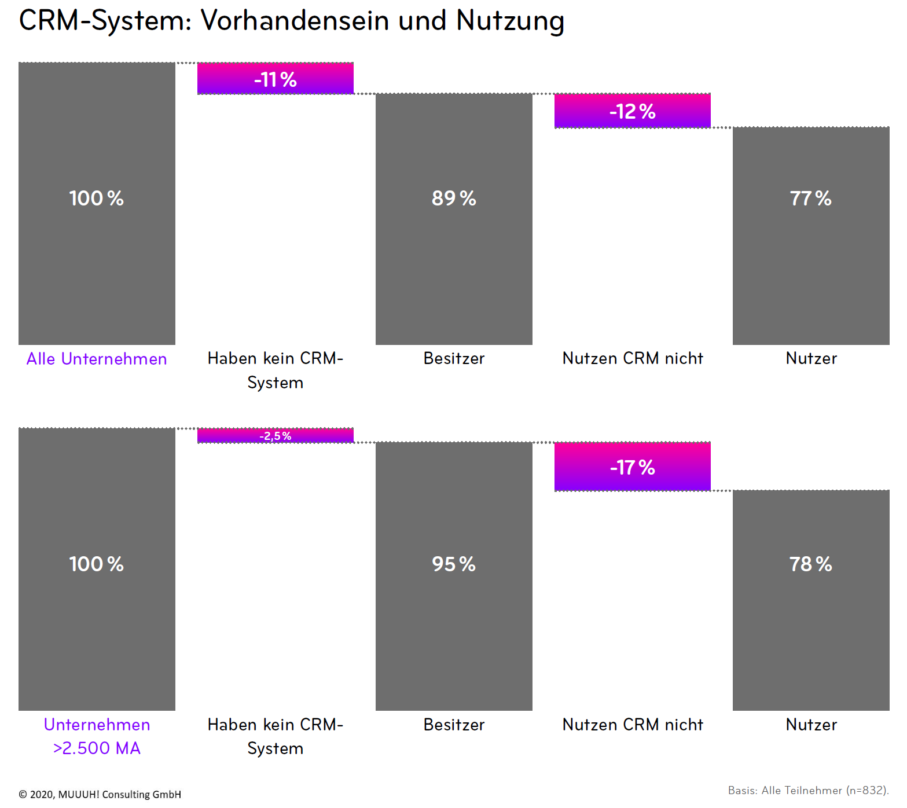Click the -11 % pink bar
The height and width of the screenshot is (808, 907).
pos(276,78)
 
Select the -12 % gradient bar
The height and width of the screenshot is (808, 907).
pos(632,111)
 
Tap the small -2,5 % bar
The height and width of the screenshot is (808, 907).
pos(276,436)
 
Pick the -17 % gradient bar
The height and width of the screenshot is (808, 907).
pos(632,467)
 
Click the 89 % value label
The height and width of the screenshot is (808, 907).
pos(454,199)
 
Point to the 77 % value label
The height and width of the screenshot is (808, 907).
pos(810,199)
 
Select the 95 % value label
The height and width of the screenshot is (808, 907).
pos(454,564)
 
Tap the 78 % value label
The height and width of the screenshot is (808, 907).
pos(810,564)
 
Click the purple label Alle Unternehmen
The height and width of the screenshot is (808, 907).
pos(97,359)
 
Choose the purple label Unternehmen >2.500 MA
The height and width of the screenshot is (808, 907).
pos(97,736)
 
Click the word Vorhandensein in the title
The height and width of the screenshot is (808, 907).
pos(295,21)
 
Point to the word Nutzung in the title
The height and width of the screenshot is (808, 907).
pos(510,21)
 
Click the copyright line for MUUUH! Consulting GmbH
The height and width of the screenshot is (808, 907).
pos(100,794)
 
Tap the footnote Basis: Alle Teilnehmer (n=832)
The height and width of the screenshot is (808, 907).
pos(808,790)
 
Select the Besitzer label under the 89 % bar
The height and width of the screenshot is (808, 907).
pos(454,358)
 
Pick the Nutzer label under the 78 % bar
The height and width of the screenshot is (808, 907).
pos(811,725)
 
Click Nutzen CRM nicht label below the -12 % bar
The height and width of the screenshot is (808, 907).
pos(633,358)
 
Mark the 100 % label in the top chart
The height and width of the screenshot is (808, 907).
pos(97,199)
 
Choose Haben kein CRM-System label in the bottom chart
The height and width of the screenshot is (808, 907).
pos(276,736)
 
